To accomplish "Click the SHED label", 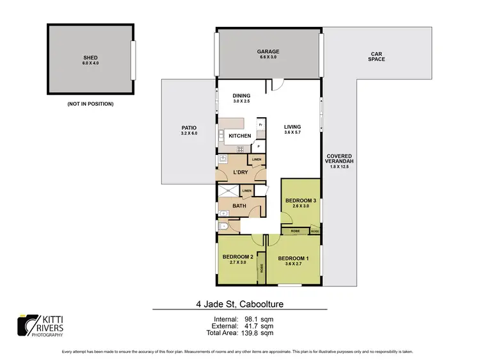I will [x=90, y=57].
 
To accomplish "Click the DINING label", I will [x=241, y=95].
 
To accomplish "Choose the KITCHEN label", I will [x=240, y=136].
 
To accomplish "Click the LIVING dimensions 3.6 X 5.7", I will [x=292, y=133].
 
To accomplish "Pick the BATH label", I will [x=239, y=206].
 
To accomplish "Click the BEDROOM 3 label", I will [x=300, y=200].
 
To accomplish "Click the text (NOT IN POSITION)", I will [x=90, y=103].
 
